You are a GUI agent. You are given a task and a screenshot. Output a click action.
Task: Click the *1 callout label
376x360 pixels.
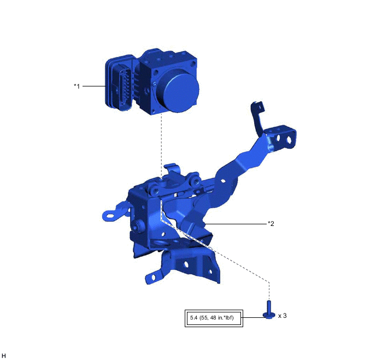click(x=77, y=86)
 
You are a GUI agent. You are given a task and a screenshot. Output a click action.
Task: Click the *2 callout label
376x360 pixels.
click(x=271, y=224)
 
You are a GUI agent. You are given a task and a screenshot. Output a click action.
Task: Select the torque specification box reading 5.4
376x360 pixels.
click(x=214, y=318)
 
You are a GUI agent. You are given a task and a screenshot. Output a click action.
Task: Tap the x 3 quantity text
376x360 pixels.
click(x=282, y=316)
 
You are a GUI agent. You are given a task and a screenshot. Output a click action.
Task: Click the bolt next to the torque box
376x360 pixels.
click(x=269, y=310)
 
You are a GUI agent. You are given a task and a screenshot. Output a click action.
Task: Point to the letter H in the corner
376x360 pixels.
click(x=4, y=356)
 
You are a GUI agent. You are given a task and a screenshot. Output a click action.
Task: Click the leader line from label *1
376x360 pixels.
click(x=94, y=86)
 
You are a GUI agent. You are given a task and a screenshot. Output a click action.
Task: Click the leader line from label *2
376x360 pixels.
click(x=236, y=224)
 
